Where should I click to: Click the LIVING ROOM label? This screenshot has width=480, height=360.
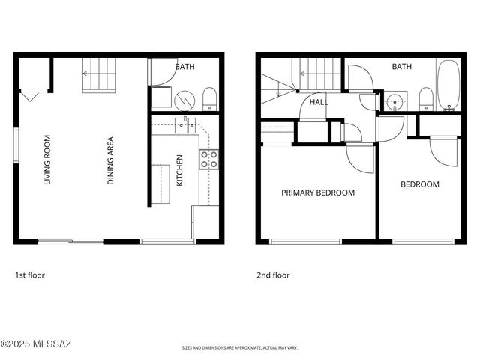pyautogui.click(x=47, y=159)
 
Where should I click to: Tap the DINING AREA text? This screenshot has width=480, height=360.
pyautogui.click(x=111, y=160)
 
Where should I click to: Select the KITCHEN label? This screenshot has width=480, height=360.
pyautogui.click(x=179, y=171)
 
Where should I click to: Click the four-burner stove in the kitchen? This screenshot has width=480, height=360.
pyautogui.click(x=208, y=158)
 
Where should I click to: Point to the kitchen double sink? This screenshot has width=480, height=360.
pyautogui.click(x=185, y=124)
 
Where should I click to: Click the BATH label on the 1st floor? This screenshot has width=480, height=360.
pyautogui.click(x=184, y=67)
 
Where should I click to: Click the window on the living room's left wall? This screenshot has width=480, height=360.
pyautogui.click(x=16, y=143)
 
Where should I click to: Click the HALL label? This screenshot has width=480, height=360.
pyautogui.click(x=319, y=103)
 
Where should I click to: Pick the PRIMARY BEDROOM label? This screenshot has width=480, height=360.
pyautogui.click(x=318, y=193)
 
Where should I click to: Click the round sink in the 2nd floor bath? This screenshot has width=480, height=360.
pyautogui.click(x=395, y=101)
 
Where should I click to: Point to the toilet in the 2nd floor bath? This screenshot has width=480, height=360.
pyautogui.click(x=425, y=97)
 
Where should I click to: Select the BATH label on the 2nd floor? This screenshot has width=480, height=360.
pyautogui.click(x=402, y=67)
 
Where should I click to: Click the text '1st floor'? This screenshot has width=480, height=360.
pyautogui.click(x=30, y=275)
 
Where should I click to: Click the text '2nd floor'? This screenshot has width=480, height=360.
pyautogui.click(x=273, y=275)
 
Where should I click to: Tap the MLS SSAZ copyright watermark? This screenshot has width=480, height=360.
pyautogui.click(x=36, y=344)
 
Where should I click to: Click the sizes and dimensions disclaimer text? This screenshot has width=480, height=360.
pyautogui.click(x=240, y=348)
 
